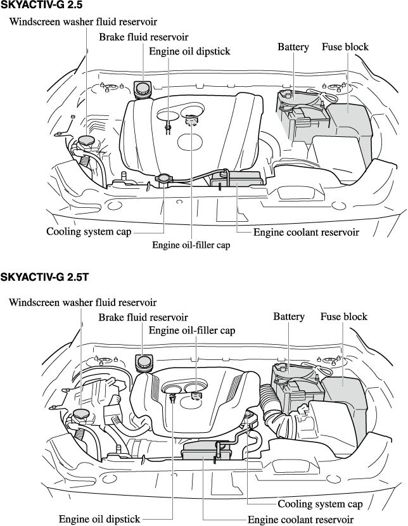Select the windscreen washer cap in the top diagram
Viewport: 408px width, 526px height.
84,141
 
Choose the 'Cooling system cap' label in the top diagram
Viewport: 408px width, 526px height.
89,231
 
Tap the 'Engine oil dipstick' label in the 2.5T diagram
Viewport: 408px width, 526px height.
99,519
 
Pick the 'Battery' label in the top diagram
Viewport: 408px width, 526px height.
293,47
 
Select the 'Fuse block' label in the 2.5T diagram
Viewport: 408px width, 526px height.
343,316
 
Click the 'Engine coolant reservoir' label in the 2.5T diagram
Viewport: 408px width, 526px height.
300,520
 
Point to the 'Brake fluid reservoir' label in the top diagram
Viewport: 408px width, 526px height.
143,37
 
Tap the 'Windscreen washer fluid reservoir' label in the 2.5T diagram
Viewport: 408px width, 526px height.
83,302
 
